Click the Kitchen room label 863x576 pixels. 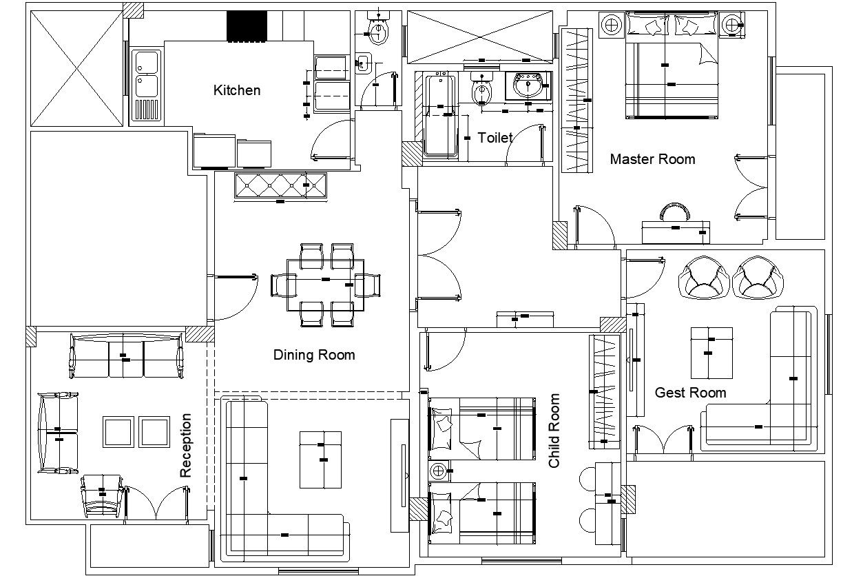click(237, 90)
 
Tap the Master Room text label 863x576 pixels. click(652, 159)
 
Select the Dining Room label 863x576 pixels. click(314, 355)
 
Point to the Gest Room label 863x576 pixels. click(690, 393)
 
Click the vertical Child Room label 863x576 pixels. click(554, 431)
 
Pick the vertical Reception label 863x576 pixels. click(186, 445)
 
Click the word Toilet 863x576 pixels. click(495, 138)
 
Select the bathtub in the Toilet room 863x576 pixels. click(439, 116)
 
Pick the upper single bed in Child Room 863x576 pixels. click(482, 428)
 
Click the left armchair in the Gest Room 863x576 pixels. click(703, 278)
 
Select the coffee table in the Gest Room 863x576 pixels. click(711, 353)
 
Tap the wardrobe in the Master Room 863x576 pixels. click(576, 101)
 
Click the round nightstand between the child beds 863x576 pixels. click(438, 471)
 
